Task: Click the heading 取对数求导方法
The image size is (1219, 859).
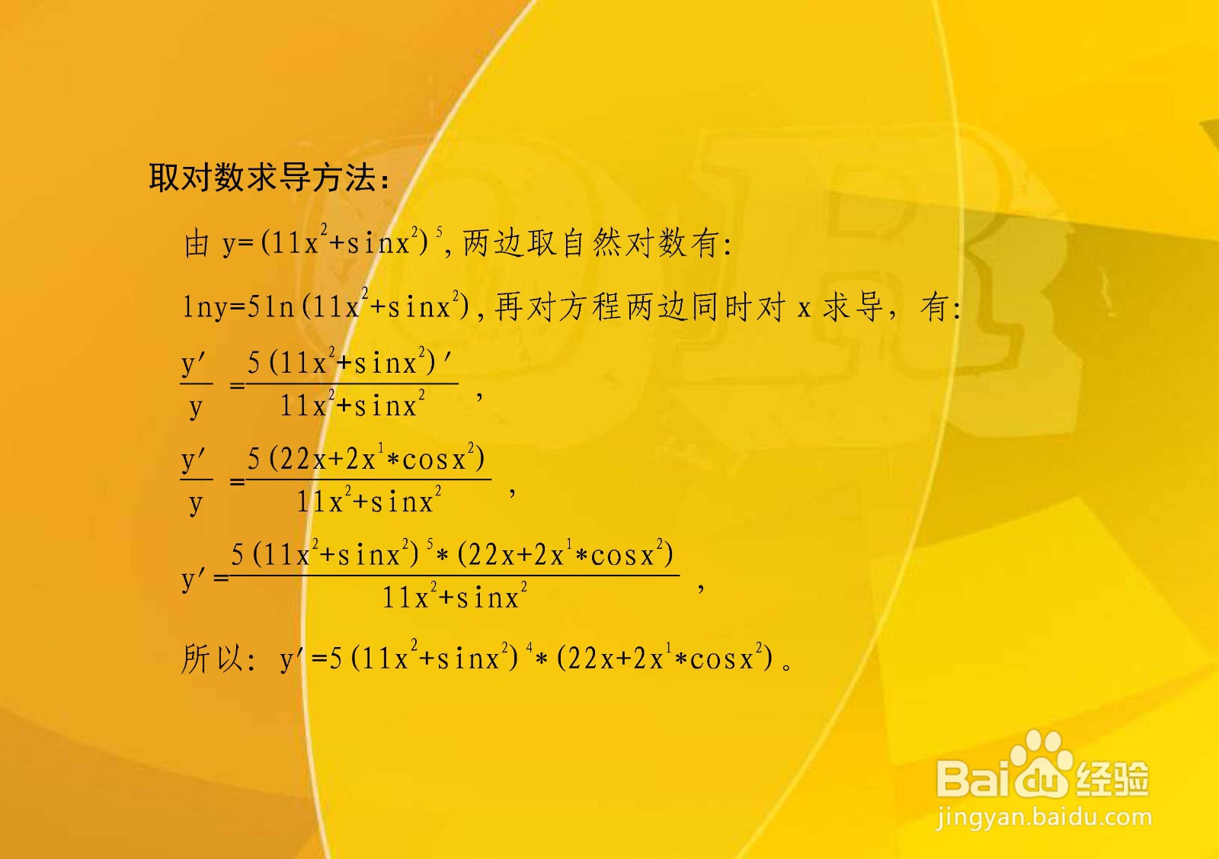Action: (268, 178)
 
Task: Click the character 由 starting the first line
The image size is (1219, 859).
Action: (196, 244)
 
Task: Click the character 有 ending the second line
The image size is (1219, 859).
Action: (934, 307)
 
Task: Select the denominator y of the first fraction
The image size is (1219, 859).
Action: (196, 408)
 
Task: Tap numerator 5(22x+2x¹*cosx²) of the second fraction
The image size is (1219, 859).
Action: (366, 459)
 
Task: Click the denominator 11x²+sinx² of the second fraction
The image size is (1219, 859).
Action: (369, 502)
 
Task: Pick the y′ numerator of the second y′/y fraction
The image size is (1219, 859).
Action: (194, 460)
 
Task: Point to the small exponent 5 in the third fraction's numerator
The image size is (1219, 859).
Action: (430, 544)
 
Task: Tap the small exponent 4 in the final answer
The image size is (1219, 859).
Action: (530, 648)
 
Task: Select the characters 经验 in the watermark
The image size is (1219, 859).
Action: (1112, 777)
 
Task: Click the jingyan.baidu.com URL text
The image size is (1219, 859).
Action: (1044, 819)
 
